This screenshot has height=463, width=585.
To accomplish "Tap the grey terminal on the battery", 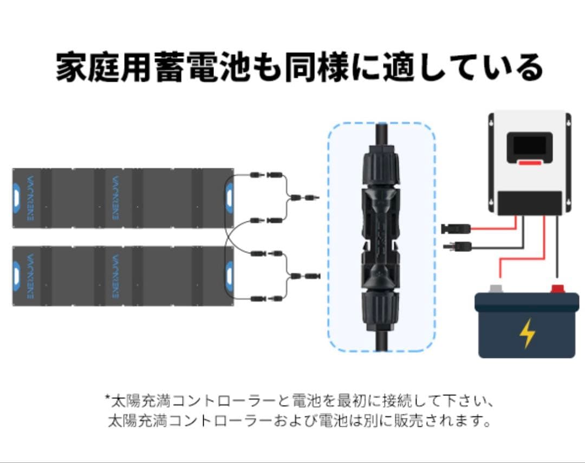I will tap(495, 289).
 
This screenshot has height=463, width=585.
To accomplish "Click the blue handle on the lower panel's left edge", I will tap(16, 275).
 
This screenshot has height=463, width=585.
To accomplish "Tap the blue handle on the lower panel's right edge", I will tap(230, 275).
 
